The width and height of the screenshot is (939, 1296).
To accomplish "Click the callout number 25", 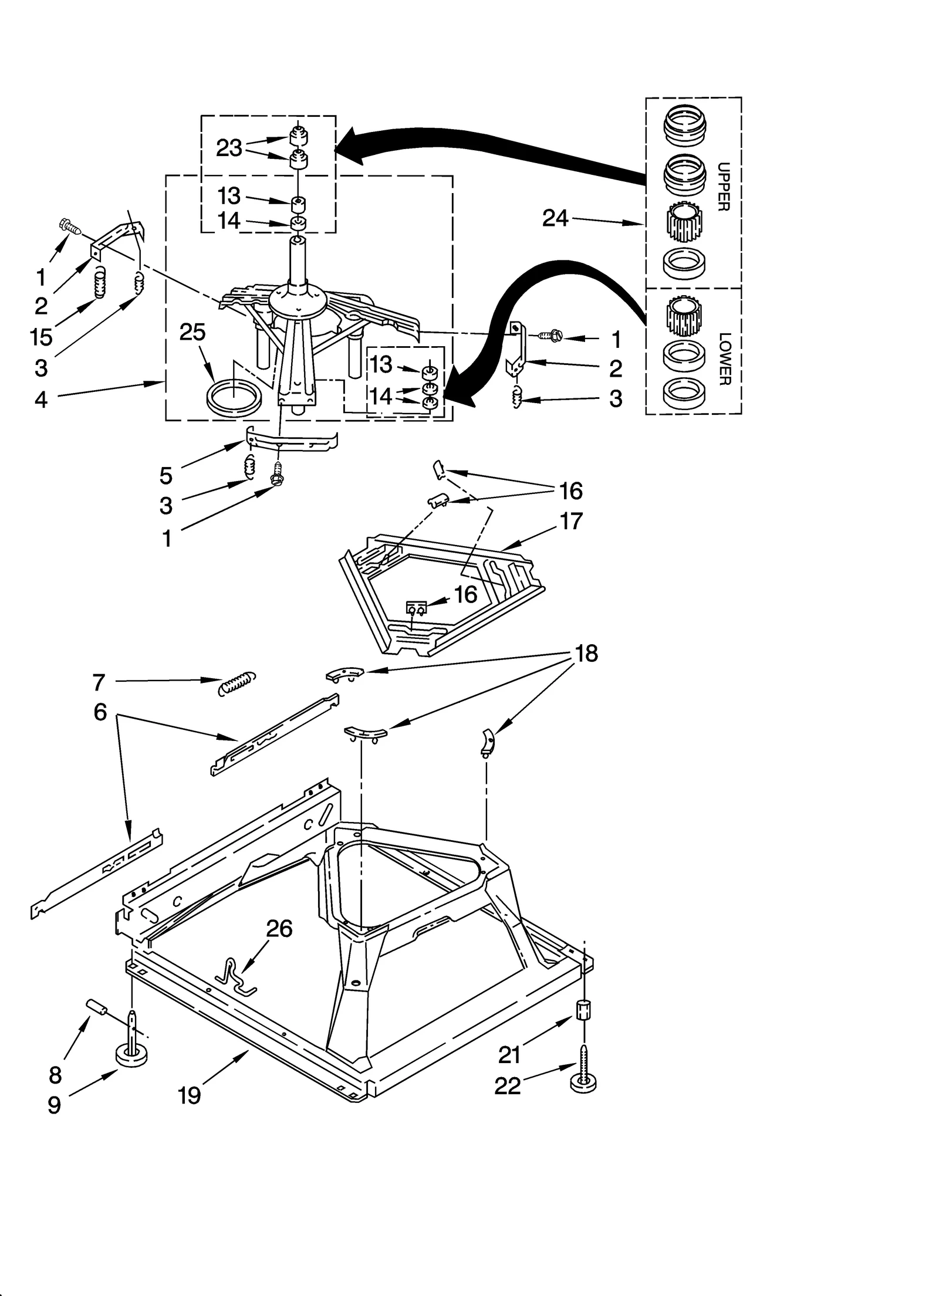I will [192, 332].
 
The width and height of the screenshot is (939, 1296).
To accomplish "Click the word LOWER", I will [724, 358].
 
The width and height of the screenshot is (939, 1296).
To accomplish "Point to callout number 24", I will [555, 218].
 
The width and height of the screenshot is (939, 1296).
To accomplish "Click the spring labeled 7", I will [237, 683].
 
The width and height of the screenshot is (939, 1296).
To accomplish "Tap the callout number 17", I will [571, 520].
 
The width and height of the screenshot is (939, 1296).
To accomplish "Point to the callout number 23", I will [229, 148].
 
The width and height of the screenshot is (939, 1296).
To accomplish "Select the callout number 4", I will [40, 400].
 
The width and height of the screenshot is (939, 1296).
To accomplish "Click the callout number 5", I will [166, 475].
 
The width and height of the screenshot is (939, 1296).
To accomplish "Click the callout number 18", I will [586, 653].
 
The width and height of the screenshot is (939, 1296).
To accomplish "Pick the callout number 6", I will [100, 712].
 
